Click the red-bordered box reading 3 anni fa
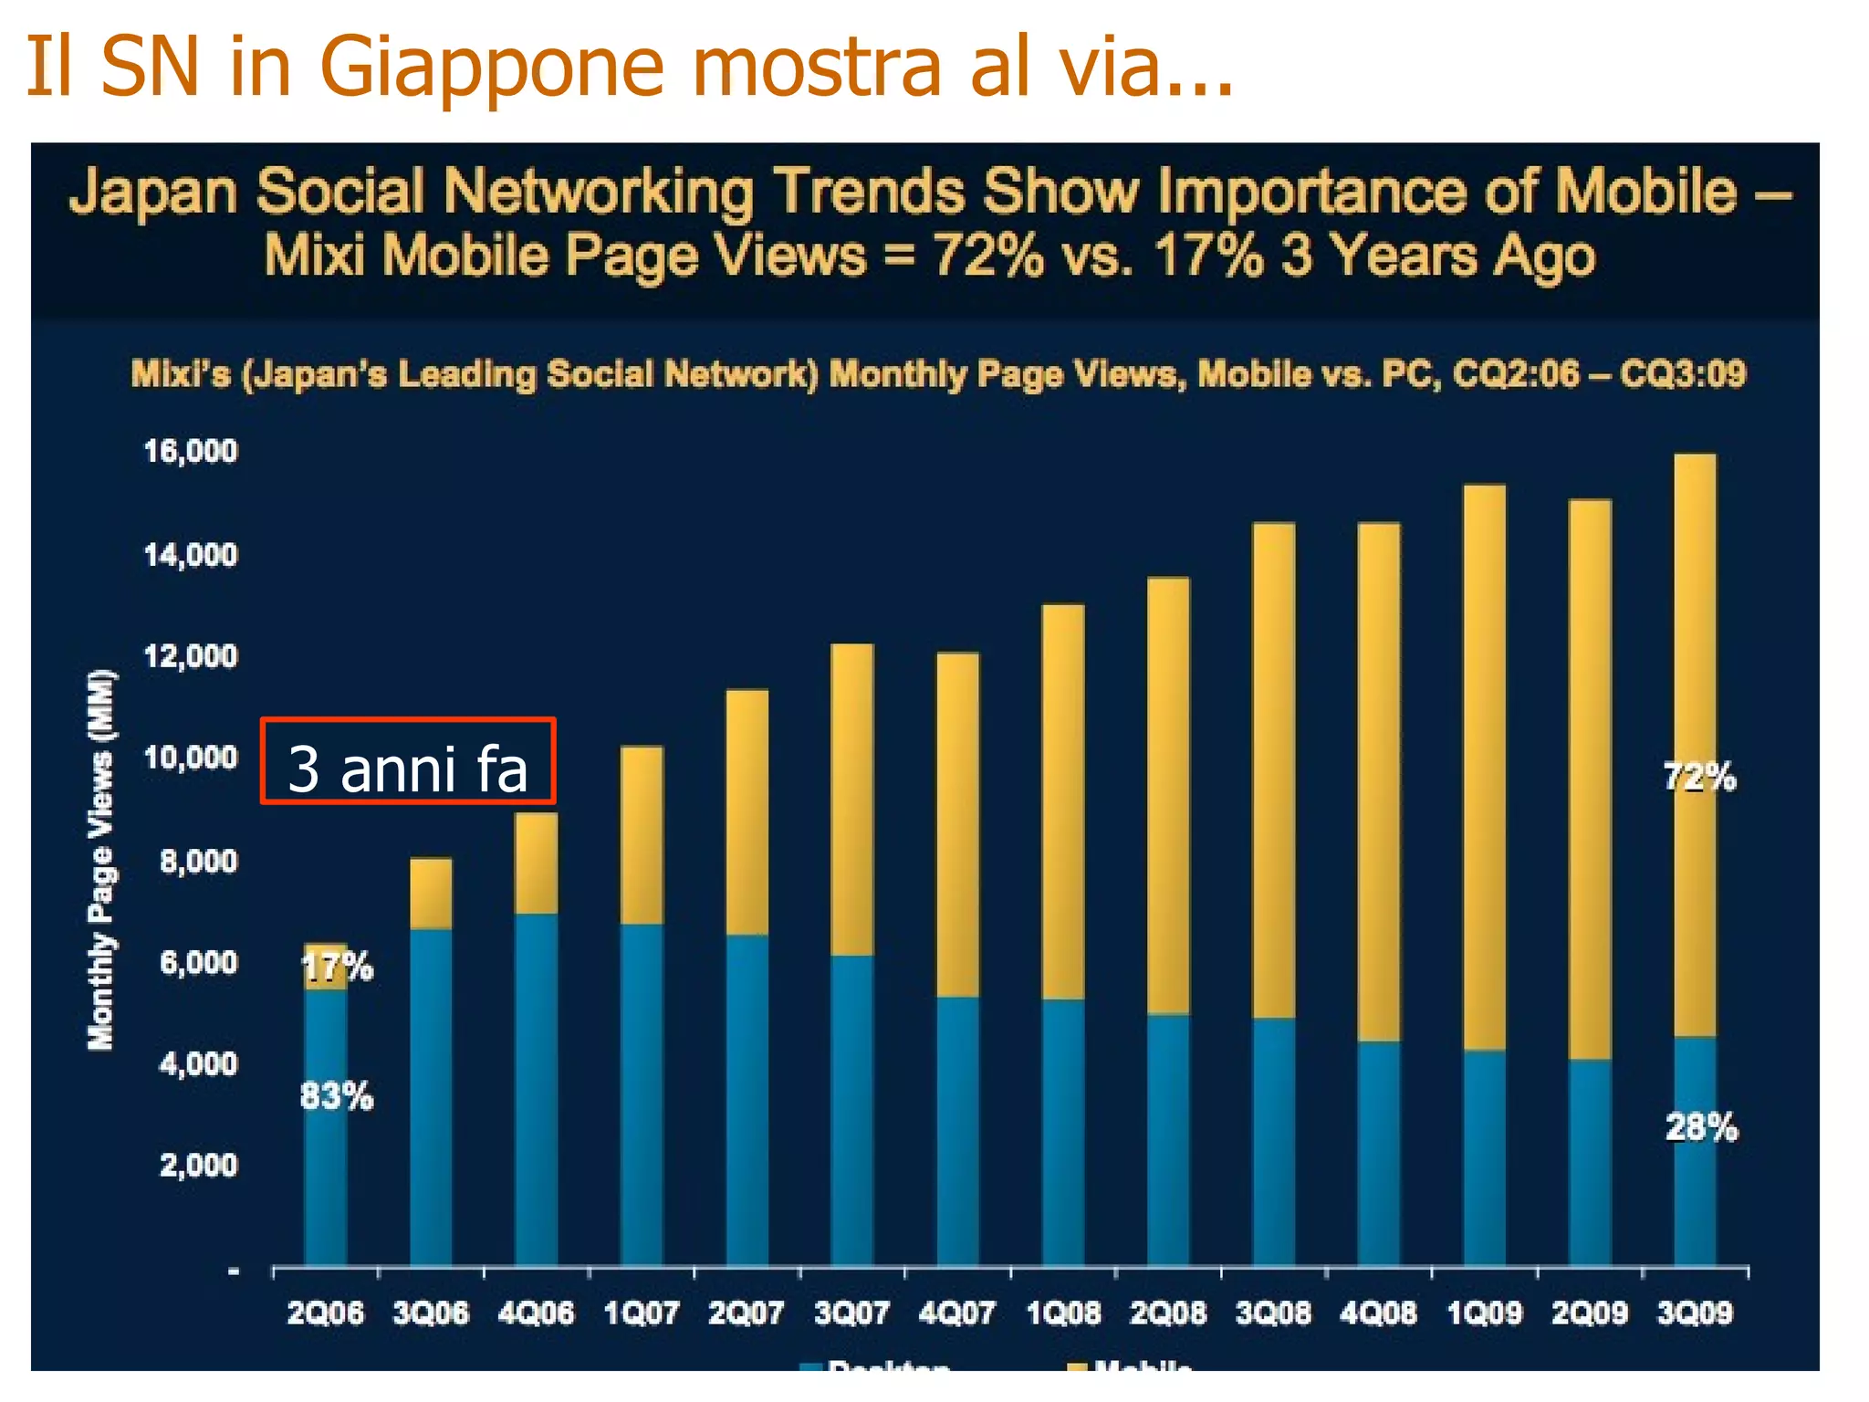pos(407,761)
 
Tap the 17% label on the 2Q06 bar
pos(337,967)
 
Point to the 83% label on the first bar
pos(337,1095)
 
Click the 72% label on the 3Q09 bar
pos(1699,778)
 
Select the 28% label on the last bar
pos(1701,1128)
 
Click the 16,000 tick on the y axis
pos(191,451)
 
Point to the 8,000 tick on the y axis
pos(198,861)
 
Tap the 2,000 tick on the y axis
pos(198,1165)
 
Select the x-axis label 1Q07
pos(642,1313)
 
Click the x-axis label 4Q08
pos(1378,1313)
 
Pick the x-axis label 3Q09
pos(1695,1313)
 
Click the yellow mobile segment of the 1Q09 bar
pos(1484,767)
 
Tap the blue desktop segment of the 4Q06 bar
pos(536,1086)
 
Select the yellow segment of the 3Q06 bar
pos(431,894)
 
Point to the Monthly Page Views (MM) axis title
pos(101,860)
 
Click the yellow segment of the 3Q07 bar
pos(852,800)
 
